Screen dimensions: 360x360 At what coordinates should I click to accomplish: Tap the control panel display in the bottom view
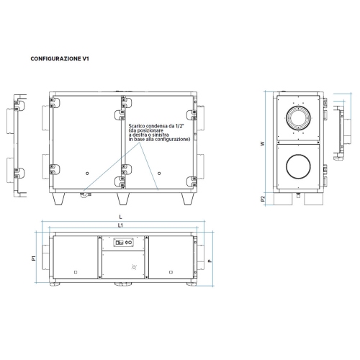tap(125, 243)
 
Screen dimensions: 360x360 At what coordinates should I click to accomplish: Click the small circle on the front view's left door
tap(87, 173)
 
